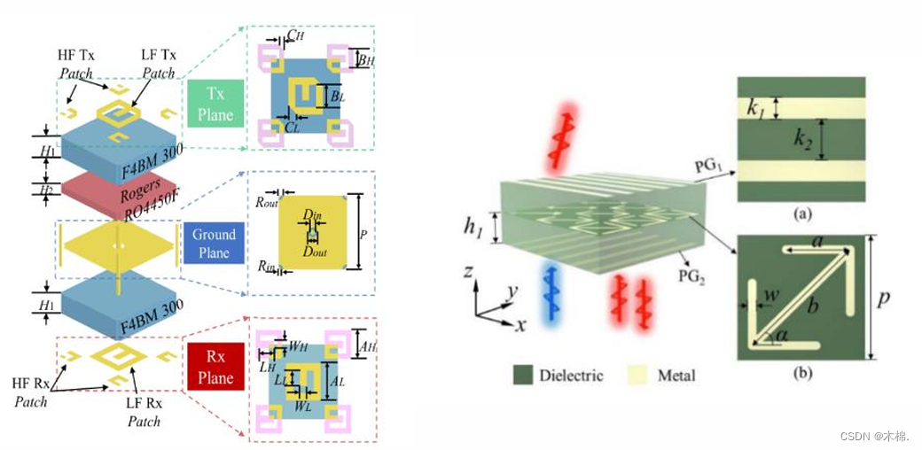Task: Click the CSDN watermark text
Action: (874, 436)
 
